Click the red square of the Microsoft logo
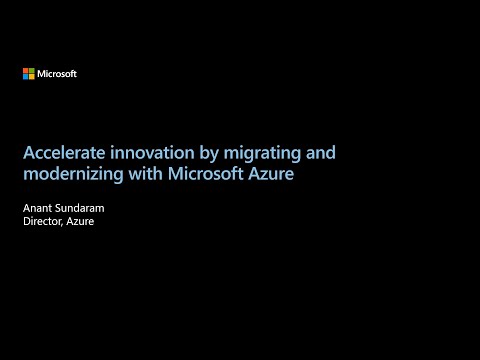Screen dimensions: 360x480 [x=25, y=71]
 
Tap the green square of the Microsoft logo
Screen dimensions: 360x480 [x=31, y=71]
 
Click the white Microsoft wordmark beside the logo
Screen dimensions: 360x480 [x=57, y=74]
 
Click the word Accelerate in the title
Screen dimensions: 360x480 [x=62, y=153]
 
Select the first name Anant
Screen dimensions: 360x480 [x=37, y=208]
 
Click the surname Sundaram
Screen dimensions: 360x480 [x=82, y=208]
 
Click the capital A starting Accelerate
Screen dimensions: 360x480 [x=28, y=153]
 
